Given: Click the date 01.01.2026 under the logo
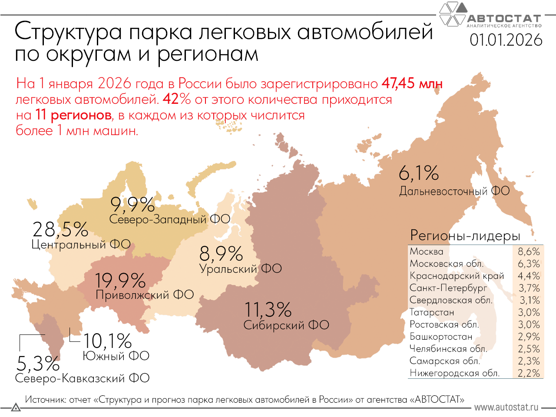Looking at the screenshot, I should point(506,40).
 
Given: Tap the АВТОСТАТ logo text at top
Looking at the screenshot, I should point(504,19).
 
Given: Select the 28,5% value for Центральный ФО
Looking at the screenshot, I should point(60,229).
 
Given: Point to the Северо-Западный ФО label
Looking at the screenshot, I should point(169,219).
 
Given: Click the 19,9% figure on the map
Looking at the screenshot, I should point(120,281).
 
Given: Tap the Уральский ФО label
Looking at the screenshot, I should point(240,269).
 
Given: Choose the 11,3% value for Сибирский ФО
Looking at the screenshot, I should point(268,310).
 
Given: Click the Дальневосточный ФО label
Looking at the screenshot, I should point(454,191).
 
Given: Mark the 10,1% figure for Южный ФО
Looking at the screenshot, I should point(107,341).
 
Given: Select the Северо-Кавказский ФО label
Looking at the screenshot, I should point(82,378).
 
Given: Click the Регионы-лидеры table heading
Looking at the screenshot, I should point(465,236).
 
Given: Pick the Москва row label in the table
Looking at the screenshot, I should point(427,252).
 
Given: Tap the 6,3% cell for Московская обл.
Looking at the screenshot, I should point(529,264).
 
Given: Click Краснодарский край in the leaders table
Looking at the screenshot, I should point(457,276).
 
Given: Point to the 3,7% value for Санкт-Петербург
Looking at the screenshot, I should point(529,288).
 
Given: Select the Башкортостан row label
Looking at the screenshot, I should point(441,337).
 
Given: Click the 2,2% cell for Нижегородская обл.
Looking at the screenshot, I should point(529,373).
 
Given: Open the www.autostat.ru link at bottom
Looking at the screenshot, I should point(506,407).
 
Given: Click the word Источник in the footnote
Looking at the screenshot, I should point(45,400).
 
